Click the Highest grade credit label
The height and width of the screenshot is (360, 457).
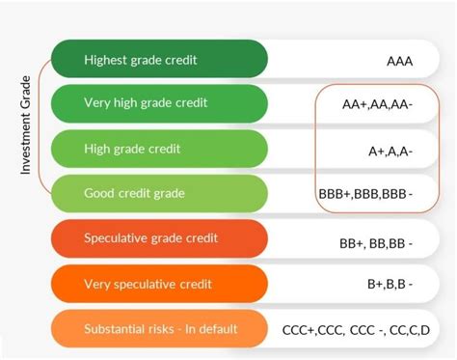[140, 60]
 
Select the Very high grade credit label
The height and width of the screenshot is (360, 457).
[146, 101]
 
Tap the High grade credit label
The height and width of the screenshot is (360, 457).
[132, 150]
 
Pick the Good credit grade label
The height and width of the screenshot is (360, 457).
[134, 193]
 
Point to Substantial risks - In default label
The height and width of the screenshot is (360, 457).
[160, 329]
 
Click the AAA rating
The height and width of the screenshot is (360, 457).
[399, 62]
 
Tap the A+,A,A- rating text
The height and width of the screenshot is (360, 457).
[390, 150]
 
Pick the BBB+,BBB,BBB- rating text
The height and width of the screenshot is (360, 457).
[364, 194]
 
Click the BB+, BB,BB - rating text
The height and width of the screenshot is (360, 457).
[375, 240]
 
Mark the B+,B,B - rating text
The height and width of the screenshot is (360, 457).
[390, 285]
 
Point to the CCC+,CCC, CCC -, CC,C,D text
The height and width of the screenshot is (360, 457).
[355, 330]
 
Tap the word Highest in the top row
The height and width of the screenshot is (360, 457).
[106, 60]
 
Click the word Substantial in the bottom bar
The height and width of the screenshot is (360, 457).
[115, 329]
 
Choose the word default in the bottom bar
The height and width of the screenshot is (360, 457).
[217, 329]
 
